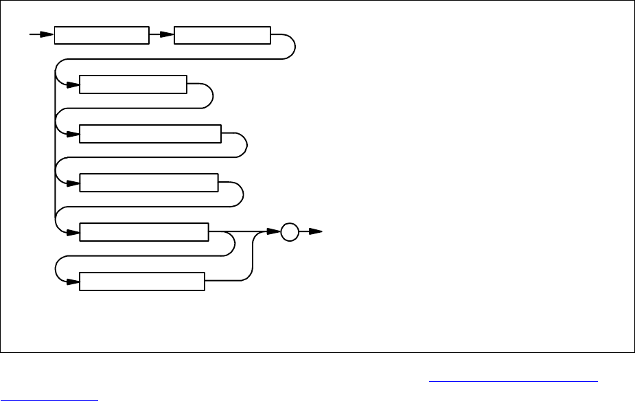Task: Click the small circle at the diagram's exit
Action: pos(290,233)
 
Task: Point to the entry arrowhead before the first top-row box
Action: pos(47,35)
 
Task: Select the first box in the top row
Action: pos(102,35)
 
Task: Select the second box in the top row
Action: pos(223,35)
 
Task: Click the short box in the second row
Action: pos(133,84)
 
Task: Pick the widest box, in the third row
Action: pos(150,134)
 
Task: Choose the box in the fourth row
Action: pos(148,183)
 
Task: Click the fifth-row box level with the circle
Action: pos(144,233)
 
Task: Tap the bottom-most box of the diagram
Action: pos(142,282)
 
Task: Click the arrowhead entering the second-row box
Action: pos(73,84)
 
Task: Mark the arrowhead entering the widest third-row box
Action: pos(73,134)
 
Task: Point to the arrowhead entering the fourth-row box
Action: pos(73,183)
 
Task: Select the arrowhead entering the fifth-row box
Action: pos(73,233)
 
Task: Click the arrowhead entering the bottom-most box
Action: pos(73,282)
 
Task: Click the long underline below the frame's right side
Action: pos(513,380)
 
